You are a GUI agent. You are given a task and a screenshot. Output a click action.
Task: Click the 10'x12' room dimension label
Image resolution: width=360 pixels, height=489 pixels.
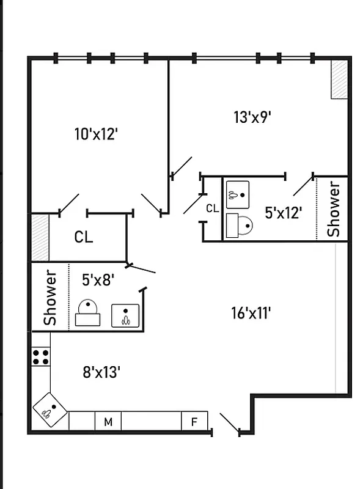tap(95, 134)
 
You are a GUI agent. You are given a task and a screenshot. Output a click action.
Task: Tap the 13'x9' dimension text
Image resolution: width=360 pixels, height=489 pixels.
tap(252, 116)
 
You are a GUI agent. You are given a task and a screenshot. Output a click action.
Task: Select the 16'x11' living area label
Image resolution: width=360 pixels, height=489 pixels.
tap(251, 314)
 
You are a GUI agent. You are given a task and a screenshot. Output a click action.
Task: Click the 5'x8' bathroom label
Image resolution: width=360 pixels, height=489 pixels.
tap(98, 280)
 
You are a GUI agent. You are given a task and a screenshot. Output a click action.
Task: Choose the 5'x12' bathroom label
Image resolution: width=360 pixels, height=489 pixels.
tap(283, 213)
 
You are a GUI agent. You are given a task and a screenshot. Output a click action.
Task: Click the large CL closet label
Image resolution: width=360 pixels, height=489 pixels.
tap(84, 237)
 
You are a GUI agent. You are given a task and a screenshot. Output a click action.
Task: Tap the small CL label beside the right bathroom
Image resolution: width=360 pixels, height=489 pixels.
tap(212, 208)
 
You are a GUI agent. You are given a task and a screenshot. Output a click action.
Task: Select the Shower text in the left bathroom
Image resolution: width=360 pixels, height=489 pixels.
tap(50, 297)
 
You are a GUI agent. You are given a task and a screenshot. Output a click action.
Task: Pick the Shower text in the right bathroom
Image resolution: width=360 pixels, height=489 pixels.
tap(334, 209)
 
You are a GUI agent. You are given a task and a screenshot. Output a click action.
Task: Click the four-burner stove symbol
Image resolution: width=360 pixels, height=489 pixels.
tap(41, 357)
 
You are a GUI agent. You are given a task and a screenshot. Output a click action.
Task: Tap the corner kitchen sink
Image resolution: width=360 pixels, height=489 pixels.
tap(50, 410)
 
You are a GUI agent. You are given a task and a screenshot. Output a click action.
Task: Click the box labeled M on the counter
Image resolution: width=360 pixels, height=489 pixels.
tap(108, 422)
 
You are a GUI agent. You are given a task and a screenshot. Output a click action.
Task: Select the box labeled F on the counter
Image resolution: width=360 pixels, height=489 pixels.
tap(194, 422)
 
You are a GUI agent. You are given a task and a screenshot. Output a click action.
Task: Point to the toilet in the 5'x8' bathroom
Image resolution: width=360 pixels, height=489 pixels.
tap(87, 313)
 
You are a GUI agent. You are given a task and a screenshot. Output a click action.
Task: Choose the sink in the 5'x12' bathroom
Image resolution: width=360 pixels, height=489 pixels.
tap(237, 193)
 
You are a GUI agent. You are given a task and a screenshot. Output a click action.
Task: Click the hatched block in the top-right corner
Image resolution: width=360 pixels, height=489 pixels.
tap(339, 79)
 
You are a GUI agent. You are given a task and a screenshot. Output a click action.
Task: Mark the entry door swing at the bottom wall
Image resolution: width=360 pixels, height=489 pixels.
tap(229, 423)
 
